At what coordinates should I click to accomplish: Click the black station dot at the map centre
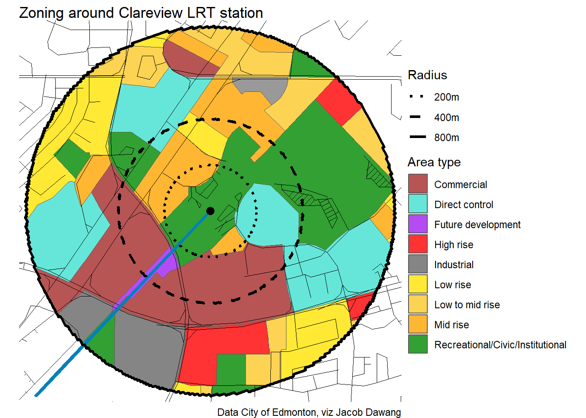point(210,211)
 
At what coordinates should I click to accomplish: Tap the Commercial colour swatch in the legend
point(418,184)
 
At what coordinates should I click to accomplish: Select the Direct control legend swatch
point(418,204)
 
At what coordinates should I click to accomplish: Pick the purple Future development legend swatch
point(418,224)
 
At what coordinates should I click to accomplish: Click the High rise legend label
point(453,245)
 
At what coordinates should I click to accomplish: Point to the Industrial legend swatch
point(418,264)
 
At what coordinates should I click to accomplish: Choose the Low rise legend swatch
point(418,284)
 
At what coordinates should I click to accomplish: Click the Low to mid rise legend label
point(467,305)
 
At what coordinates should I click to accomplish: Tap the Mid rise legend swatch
point(418,324)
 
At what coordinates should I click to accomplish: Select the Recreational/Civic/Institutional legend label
point(500,345)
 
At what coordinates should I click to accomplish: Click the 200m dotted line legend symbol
point(417,97)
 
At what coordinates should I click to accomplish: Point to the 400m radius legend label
point(446,118)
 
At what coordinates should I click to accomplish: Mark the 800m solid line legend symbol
point(417,137)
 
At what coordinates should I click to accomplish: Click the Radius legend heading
point(427,75)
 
